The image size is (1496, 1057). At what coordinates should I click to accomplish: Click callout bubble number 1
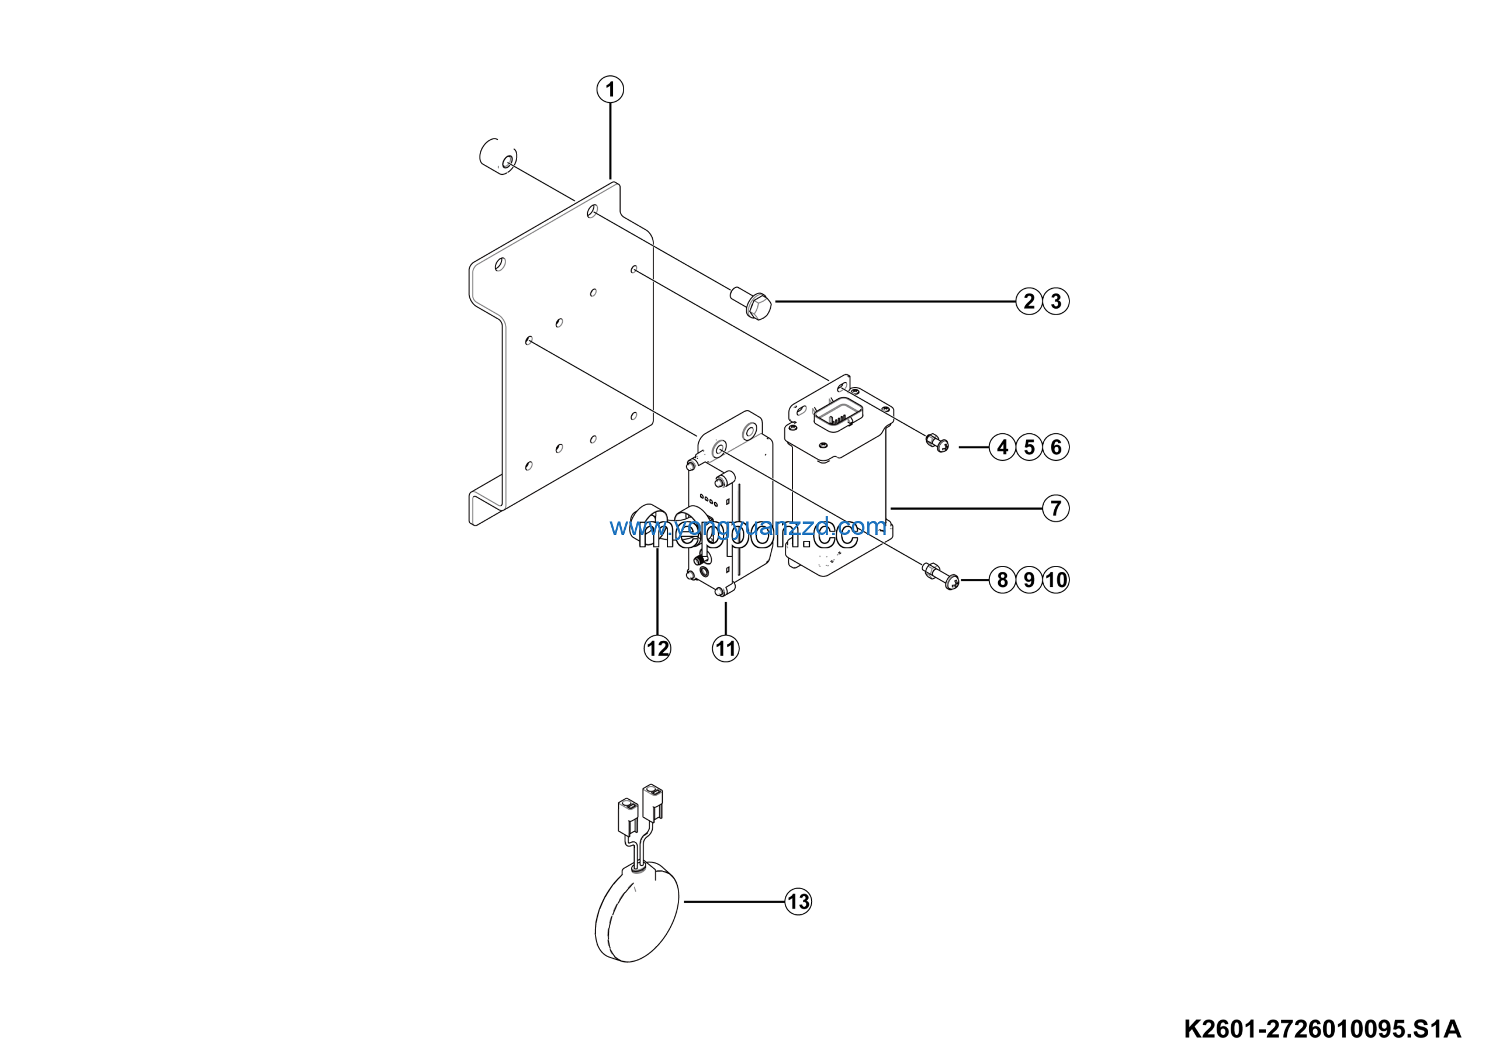[610, 89]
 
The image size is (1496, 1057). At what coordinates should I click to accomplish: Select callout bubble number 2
[1029, 301]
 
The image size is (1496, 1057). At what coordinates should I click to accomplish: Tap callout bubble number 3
[1055, 301]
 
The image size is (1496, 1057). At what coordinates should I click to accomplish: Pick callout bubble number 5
[1029, 447]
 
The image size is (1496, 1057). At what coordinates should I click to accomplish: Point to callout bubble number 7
[1055, 508]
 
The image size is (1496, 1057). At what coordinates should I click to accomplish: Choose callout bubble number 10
[1055, 580]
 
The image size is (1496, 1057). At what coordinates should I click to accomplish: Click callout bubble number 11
[725, 648]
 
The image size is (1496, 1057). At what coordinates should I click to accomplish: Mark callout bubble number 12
[657, 648]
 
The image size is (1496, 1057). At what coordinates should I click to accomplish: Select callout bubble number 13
[798, 902]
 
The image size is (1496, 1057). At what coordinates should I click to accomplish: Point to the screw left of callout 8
[940, 576]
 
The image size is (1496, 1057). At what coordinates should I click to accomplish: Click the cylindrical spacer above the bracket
[498, 157]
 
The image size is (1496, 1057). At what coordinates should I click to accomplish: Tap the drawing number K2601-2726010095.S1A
[1322, 1030]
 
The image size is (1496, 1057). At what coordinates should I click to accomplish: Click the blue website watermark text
[748, 527]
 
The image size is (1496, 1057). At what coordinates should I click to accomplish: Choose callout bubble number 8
[1002, 580]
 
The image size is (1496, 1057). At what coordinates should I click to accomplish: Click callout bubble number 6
[1055, 447]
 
